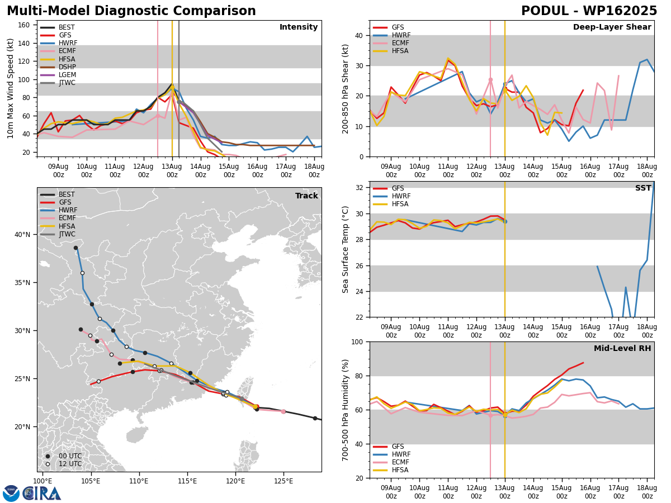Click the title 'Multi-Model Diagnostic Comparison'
pyautogui.click(x=131, y=11)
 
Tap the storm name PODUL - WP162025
pyautogui.click(x=589, y=11)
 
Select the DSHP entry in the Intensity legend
pyautogui.click(x=58, y=67)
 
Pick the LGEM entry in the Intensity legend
pyautogui.click(x=58, y=75)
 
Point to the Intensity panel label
pyautogui.click(x=299, y=27)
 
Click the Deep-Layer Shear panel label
pyautogui.click(x=612, y=27)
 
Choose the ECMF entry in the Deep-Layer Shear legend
pyautogui.click(x=391, y=43)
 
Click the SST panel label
pyautogui.click(x=643, y=188)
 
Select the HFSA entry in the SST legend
pyautogui.click(x=391, y=204)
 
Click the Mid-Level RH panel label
pyautogui.click(x=622, y=348)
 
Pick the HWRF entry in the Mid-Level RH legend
pyautogui.click(x=392, y=454)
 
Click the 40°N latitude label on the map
pyautogui.click(x=22, y=235)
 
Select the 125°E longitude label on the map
pyautogui.click(x=283, y=482)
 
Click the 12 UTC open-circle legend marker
pyautogui.click(x=48, y=464)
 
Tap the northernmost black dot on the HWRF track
pyautogui.click(x=76, y=248)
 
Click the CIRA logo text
pyautogui.click(x=42, y=493)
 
